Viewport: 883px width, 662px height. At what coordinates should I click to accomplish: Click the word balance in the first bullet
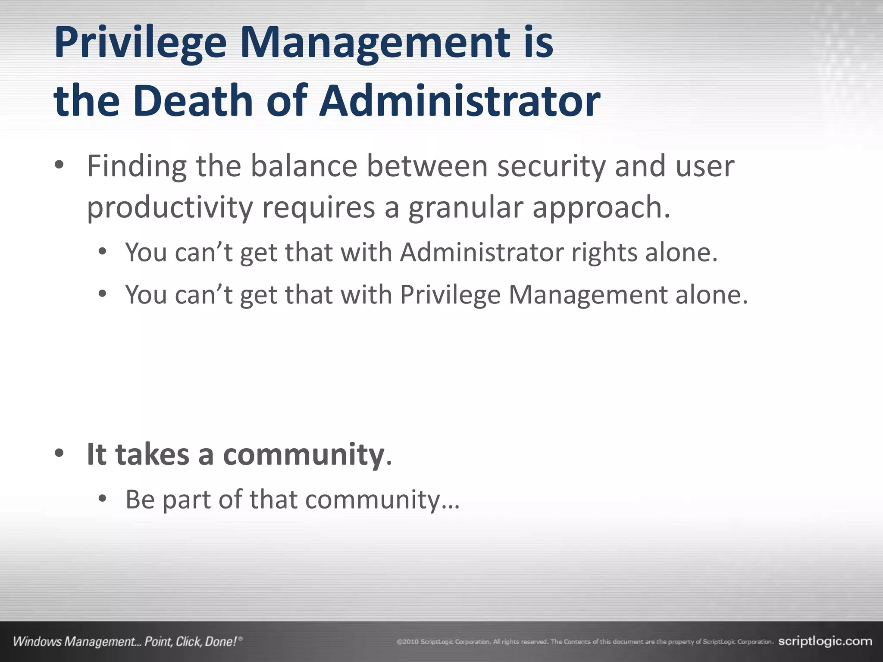(304, 166)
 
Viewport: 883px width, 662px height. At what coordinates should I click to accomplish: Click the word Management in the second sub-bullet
(587, 295)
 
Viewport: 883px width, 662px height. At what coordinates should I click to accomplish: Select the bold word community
(304, 454)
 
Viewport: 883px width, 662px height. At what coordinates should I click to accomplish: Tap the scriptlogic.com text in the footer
(825, 641)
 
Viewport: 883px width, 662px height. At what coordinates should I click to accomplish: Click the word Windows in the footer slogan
(37, 642)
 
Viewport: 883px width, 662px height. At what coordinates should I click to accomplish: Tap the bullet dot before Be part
(102, 499)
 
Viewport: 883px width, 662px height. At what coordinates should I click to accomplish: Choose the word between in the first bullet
(427, 166)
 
